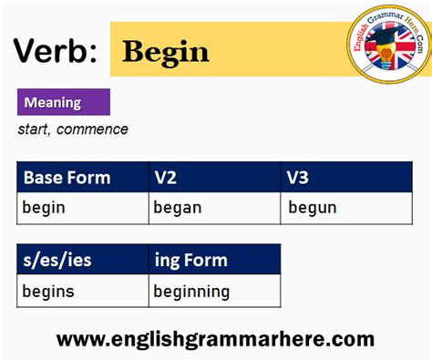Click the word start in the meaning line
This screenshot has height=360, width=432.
33,129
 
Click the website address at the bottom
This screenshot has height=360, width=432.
215,339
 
